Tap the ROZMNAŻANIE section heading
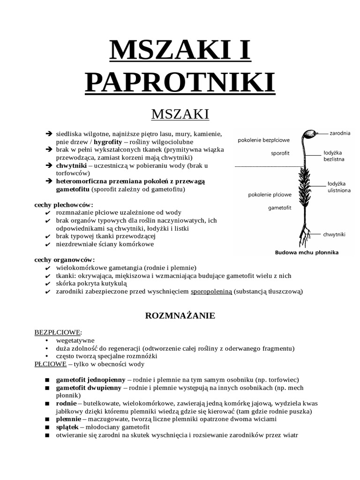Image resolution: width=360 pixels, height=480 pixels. [180, 315]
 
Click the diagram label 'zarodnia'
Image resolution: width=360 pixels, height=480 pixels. [340, 133]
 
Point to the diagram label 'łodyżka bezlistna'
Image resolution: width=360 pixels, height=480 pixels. [334, 156]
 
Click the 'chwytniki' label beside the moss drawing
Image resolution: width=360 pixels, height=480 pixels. [334, 233]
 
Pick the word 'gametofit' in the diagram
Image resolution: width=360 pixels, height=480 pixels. [280, 207]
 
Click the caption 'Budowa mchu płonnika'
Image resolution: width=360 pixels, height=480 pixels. [307, 252]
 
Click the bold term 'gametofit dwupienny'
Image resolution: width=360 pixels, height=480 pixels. [90, 388]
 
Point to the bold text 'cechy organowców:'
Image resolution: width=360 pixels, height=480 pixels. [65, 259]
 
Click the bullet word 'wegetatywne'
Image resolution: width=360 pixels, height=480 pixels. [75, 340]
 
